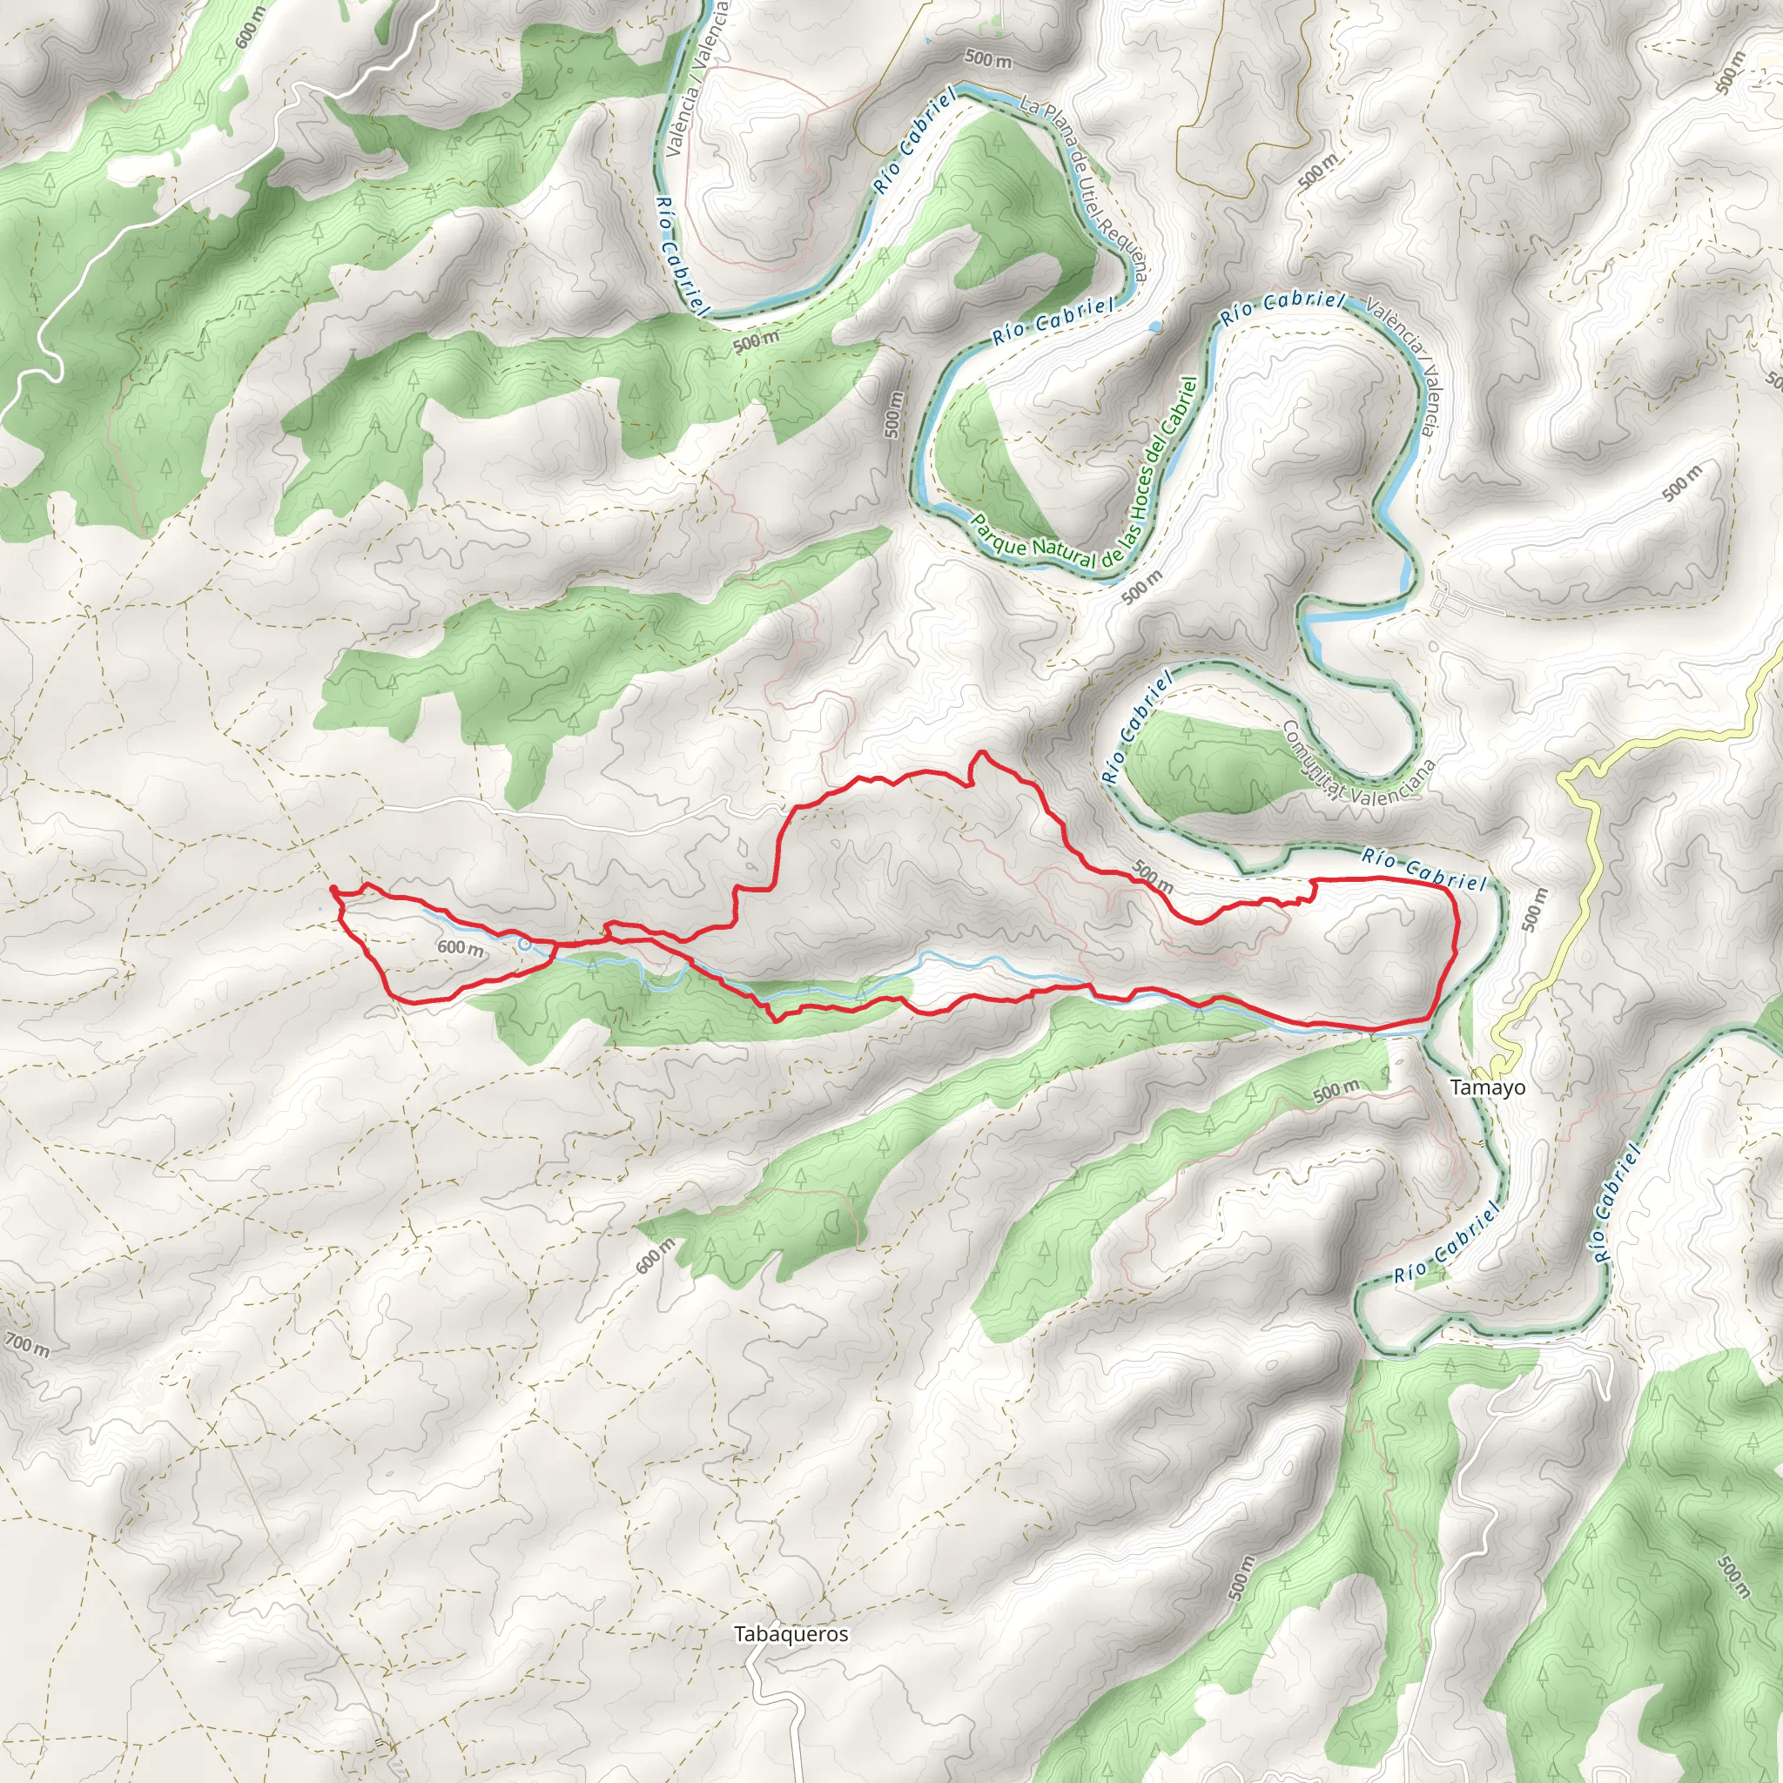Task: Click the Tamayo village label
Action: [1488, 1087]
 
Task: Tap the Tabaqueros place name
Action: [791, 1634]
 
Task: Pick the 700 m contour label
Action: [28, 1346]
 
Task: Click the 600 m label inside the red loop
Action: [460, 948]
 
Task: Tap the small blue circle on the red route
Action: [525, 944]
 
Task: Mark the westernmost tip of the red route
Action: [332, 888]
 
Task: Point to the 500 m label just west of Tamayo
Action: [1336, 1090]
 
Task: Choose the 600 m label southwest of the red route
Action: [656, 1256]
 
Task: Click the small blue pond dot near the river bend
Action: [1155, 326]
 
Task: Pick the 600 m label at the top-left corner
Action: [249, 28]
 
